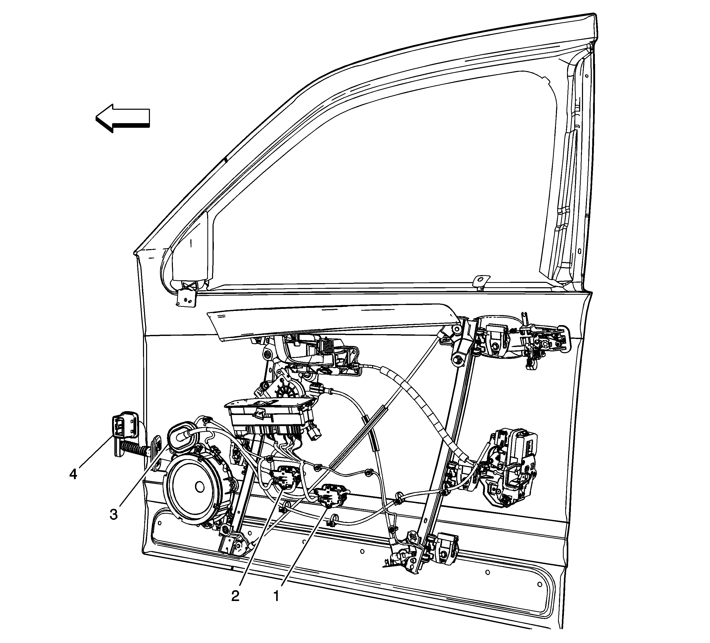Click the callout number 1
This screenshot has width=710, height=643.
click(x=276, y=596)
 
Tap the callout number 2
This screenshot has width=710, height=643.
click(x=235, y=596)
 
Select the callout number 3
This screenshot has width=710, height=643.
click(x=113, y=514)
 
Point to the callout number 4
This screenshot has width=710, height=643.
click(x=73, y=474)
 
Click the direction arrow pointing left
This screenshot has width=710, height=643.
click(x=123, y=118)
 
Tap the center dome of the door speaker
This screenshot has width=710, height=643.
click(x=200, y=487)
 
